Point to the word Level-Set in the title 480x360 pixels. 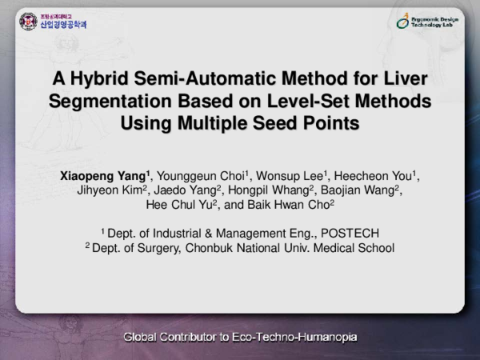(x=284, y=102)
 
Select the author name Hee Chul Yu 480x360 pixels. (x=174, y=205)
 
